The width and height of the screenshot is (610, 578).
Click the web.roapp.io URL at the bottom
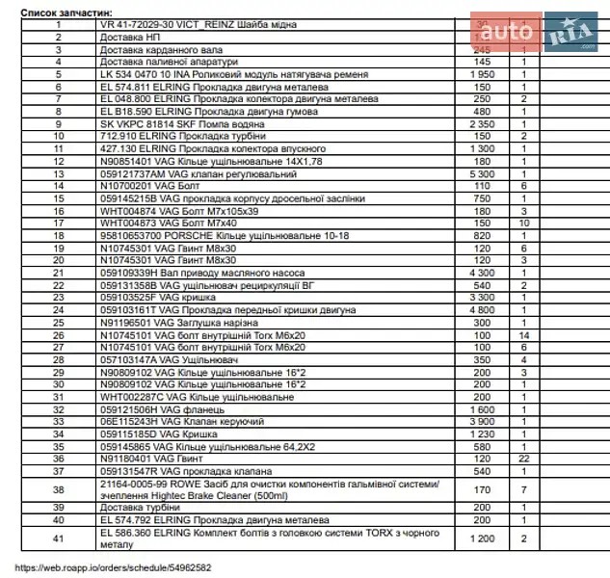pos(115,567)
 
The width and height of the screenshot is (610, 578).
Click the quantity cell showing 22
pos(524,460)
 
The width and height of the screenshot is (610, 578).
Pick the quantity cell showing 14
pos(524,335)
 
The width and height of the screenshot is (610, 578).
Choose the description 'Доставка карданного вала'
pos(154,47)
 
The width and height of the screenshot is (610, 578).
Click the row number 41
pos(58,538)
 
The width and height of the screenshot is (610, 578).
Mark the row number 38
pos(58,489)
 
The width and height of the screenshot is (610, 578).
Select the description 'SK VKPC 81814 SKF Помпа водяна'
pos(183,124)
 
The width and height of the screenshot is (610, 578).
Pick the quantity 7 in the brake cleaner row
pos(524,489)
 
